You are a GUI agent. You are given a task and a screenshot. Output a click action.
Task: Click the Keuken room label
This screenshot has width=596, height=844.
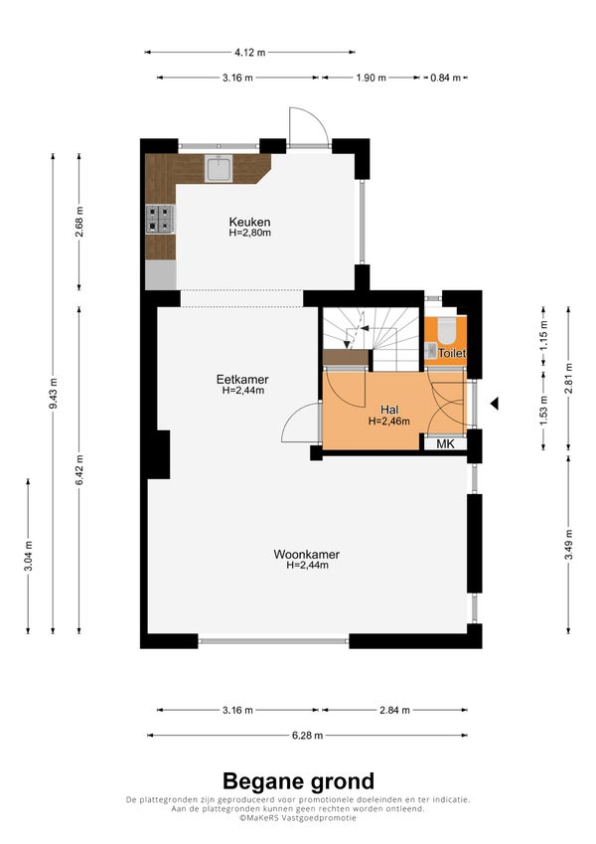(x=249, y=222)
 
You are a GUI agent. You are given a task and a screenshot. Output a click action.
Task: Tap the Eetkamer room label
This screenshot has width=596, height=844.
(x=242, y=380)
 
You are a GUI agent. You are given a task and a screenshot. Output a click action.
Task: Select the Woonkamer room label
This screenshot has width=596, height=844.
(x=307, y=555)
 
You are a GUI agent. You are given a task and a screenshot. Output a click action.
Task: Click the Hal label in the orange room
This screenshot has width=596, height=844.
(x=389, y=411)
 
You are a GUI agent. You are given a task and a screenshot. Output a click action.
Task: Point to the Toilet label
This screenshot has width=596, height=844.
(x=452, y=354)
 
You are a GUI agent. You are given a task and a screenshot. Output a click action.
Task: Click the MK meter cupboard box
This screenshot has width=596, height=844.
(x=445, y=443)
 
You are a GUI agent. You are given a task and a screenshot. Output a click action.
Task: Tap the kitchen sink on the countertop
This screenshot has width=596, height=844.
(x=219, y=168)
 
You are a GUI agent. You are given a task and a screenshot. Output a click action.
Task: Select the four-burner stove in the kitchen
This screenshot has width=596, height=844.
(x=160, y=220)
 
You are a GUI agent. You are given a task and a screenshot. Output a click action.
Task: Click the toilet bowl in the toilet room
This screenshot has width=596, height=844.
(x=446, y=330)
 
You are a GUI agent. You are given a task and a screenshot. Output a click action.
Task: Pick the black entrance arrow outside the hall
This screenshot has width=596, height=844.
(x=494, y=404)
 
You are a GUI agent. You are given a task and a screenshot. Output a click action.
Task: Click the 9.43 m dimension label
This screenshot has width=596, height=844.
(x=53, y=394)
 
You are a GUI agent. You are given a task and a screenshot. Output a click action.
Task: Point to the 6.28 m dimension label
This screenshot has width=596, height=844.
(x=308, y=736)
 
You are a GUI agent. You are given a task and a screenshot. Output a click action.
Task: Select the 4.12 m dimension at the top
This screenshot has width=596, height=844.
(x=249, y=53)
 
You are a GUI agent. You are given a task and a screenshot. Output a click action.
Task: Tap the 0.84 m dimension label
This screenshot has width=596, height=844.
(x=445, y=78)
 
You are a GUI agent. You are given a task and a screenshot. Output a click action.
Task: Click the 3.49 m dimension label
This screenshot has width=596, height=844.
(x=568, y=545)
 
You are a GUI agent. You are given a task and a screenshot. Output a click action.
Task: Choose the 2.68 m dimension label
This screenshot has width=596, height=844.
(x=79, y=222)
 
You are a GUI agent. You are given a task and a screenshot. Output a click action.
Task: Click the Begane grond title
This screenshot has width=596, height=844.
(x=298, y=781)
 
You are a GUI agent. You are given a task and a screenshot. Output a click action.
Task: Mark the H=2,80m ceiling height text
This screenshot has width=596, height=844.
(x=249, y=233)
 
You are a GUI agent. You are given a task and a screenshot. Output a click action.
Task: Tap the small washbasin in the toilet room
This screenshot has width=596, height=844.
(x=430, y=351)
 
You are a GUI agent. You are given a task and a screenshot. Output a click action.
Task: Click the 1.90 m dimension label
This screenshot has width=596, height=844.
(x=372, y=78)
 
